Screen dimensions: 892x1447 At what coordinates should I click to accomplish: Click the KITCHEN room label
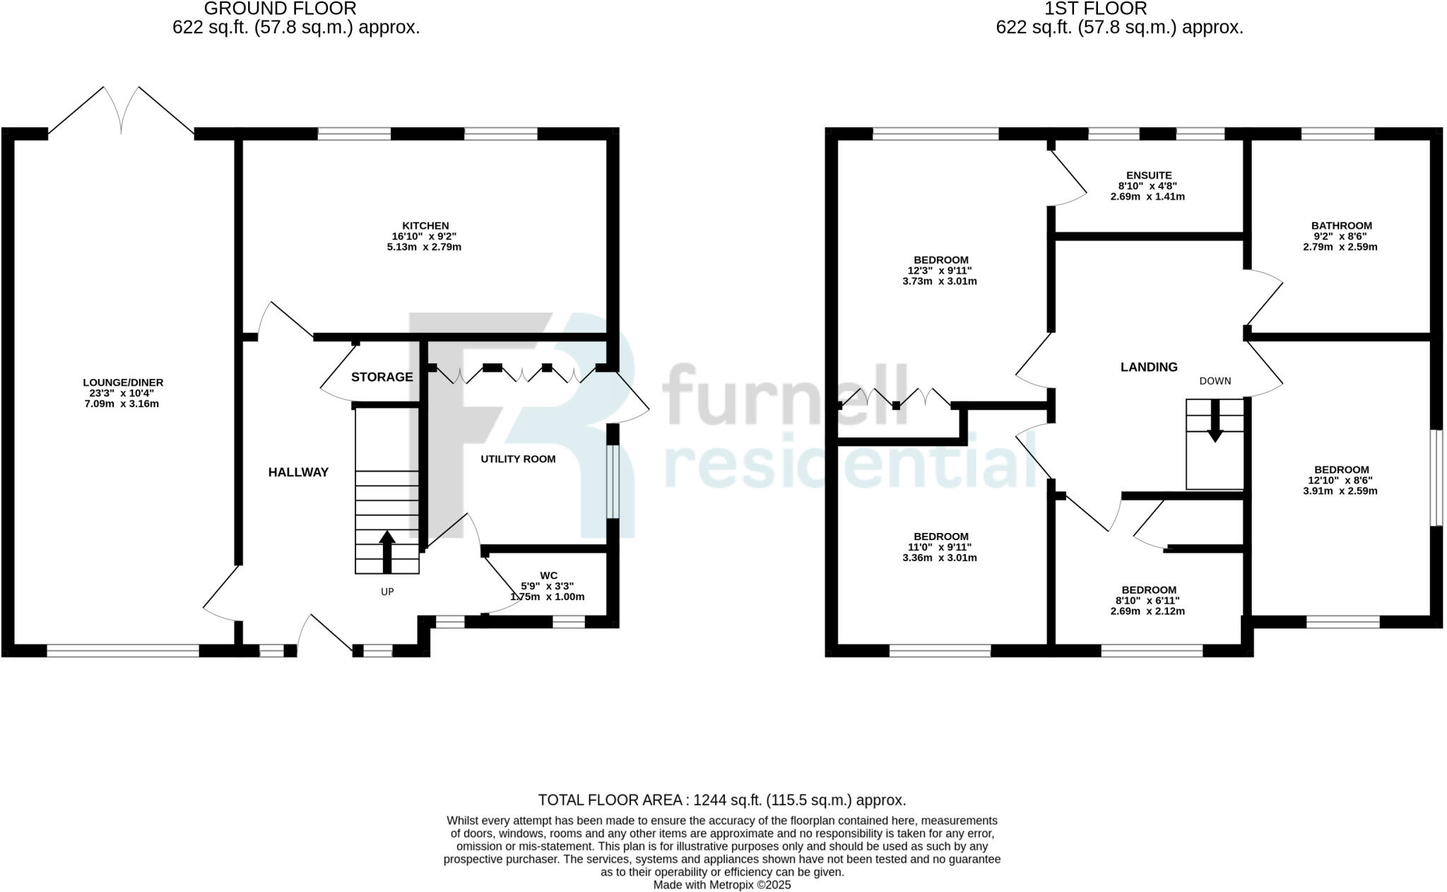[425, 226]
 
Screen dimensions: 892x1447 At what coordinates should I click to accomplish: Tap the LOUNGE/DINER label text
[123, 382]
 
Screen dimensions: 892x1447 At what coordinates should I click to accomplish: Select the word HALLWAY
[298, 472]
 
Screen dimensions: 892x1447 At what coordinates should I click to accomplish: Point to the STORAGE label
[382, 377]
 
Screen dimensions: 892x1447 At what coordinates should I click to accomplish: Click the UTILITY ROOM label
[518, 459]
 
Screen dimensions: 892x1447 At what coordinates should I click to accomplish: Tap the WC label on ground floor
[548, 576]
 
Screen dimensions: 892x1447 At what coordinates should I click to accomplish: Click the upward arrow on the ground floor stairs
[386, 551]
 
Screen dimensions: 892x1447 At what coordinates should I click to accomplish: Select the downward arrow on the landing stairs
[1215, 421]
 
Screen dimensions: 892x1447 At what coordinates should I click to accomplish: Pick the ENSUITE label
[1149, 175]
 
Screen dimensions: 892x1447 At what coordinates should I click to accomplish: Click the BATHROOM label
[1341, 226]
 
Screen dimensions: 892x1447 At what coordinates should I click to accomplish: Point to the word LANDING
[1149, 367]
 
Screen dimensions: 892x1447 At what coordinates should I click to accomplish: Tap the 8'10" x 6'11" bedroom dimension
[1147, 601]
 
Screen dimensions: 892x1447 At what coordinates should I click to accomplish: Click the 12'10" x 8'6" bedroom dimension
[1340, 481]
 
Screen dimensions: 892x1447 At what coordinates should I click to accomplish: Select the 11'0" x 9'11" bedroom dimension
[939, 547]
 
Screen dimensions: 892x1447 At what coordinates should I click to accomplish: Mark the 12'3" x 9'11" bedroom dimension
[939, 271]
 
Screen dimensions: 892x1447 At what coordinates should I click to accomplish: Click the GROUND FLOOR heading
[280, 9]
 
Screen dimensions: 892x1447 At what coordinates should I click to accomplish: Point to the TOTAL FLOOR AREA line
[721, 800]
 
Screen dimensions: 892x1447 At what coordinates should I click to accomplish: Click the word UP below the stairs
[387, 592]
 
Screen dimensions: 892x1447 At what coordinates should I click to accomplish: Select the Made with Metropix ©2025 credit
[721, 885]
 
